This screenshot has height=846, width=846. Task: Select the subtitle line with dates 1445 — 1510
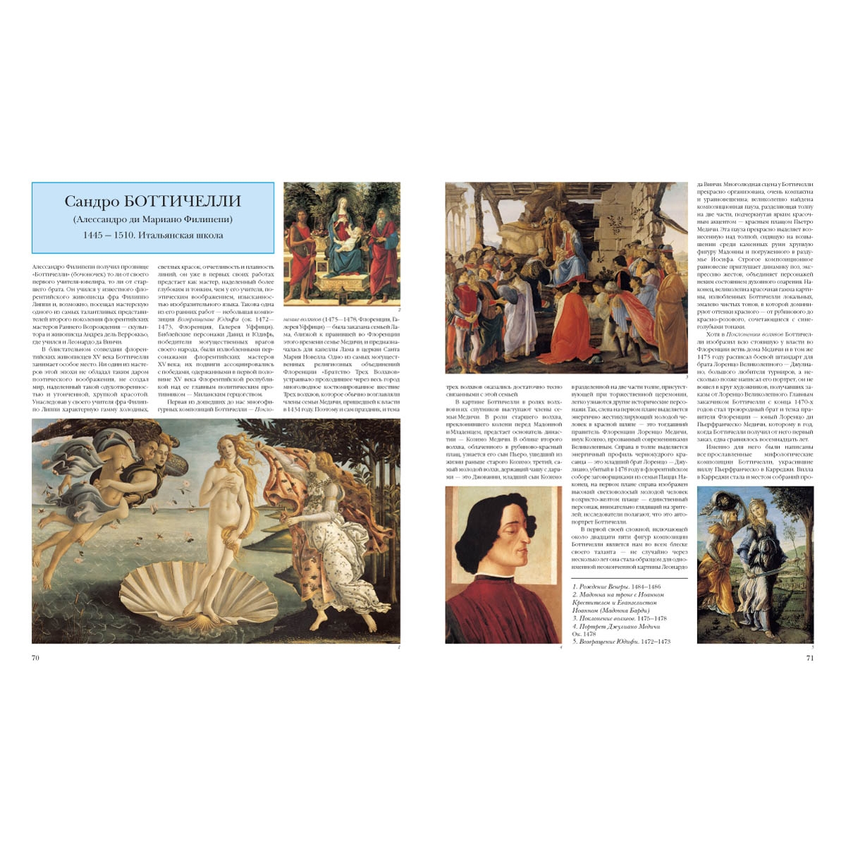pyautogui.click(x=153, y=235)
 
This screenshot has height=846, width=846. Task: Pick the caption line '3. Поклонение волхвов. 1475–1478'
pyautogui.click(x=620, y=618)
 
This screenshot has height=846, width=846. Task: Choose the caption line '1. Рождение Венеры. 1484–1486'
pyautogui.click(x=616, y=587)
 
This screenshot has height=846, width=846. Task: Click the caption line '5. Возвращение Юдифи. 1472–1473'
pyautogui.click(x=621, y=642)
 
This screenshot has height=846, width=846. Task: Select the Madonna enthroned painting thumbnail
pyautogui.click(x=342, y=243)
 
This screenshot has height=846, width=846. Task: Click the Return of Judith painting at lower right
pyautogui.click(x=755, y=564)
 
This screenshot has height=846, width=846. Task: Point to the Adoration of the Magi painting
pyautogui.click(x=566, y=278)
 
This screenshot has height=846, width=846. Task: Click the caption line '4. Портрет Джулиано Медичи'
pyautogui.click(x=616, y=626)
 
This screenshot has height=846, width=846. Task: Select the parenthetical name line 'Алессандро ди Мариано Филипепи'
pyautogui.click(x=153, y=219)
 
